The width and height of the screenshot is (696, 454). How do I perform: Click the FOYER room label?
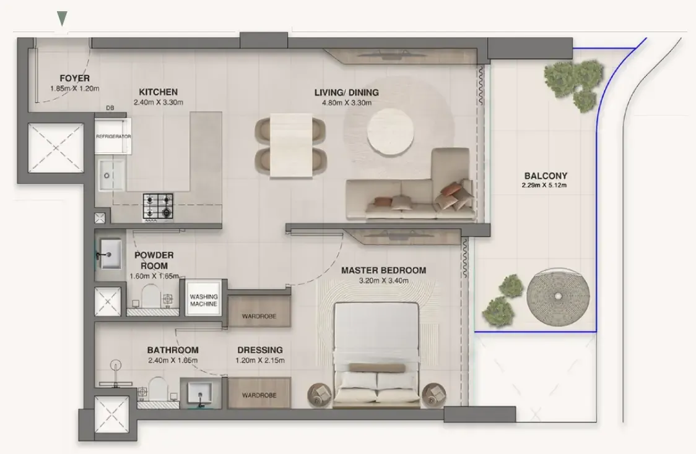coord(74,78)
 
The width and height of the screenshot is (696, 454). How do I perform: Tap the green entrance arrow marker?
coord(63,19)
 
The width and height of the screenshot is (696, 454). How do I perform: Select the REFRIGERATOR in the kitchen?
coord(113,135)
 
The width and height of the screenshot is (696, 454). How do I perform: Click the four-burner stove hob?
coord(158,206)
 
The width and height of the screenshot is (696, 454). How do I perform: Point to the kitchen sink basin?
coord(111,175)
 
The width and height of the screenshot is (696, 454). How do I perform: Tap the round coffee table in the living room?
coord(391,132)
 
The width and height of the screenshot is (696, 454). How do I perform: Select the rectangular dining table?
coord(291,146)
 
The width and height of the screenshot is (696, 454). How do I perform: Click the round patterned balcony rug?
coord(558,296)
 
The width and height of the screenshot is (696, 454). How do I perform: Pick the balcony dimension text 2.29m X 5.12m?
coord(544,186)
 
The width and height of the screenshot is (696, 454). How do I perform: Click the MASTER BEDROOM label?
coord(383,270)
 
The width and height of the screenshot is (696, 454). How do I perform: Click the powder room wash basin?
coord(110,254)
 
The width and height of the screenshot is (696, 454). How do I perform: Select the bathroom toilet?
coord(157,389)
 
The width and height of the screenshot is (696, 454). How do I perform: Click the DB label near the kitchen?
coord(110,108)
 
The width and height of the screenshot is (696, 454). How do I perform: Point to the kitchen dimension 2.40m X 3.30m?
coord(159,103)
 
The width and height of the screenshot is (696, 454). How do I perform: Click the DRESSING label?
coord(260,350)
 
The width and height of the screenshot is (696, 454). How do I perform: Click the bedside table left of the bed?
coord(320,395)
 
